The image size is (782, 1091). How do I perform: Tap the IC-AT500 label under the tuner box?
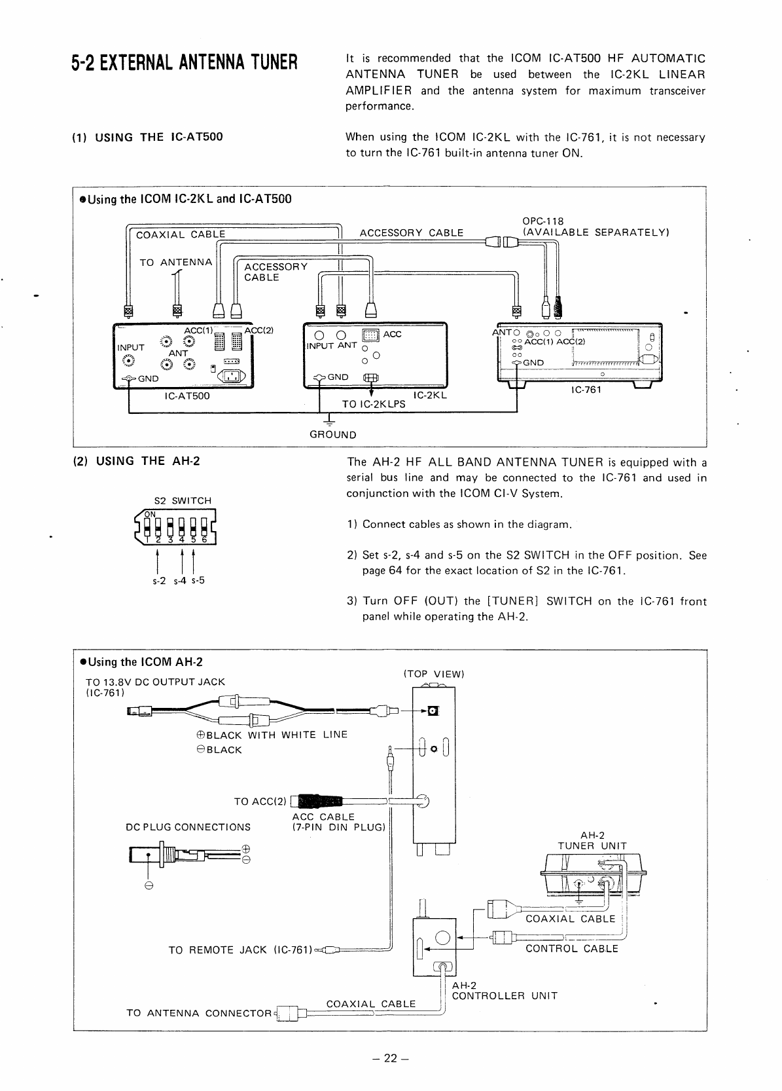pyautogui.click(x=187, y=396)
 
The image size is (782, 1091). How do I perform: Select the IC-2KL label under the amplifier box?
pyautogui.click(x=430, y=396)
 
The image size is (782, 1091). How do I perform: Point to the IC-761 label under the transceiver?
pyautogui.click(x=586, y=390)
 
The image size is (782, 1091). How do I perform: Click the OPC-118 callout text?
pyautogui.click(x=542, y=221)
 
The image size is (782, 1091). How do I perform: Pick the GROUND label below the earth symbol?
pyautogui.click(x=332, y=435)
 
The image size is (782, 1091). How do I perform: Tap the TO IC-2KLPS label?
pyautogui.click(x=374, y=404)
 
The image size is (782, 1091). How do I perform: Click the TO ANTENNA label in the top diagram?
pyautogui.click(x=176, y=263)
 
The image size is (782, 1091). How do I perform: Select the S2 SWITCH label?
pyautogui.click(x=183, y=500)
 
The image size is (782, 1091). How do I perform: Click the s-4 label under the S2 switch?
pyautogui.click(x=178, y=580)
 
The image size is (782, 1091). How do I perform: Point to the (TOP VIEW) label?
pyautogui.click(x=434, y=674)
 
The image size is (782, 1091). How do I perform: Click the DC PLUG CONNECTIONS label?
pyautogui.click(x=188, y=827)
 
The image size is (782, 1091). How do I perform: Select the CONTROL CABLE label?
pyautogui.click(x=572, y=948)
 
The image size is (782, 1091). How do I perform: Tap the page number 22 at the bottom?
pyautogui.click(x=391, y=1059)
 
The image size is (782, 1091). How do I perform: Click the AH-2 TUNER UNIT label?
pyautogui.click(x=592, y=840)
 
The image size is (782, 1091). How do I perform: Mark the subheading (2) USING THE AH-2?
pyautogui.click(x=136, y=460)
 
